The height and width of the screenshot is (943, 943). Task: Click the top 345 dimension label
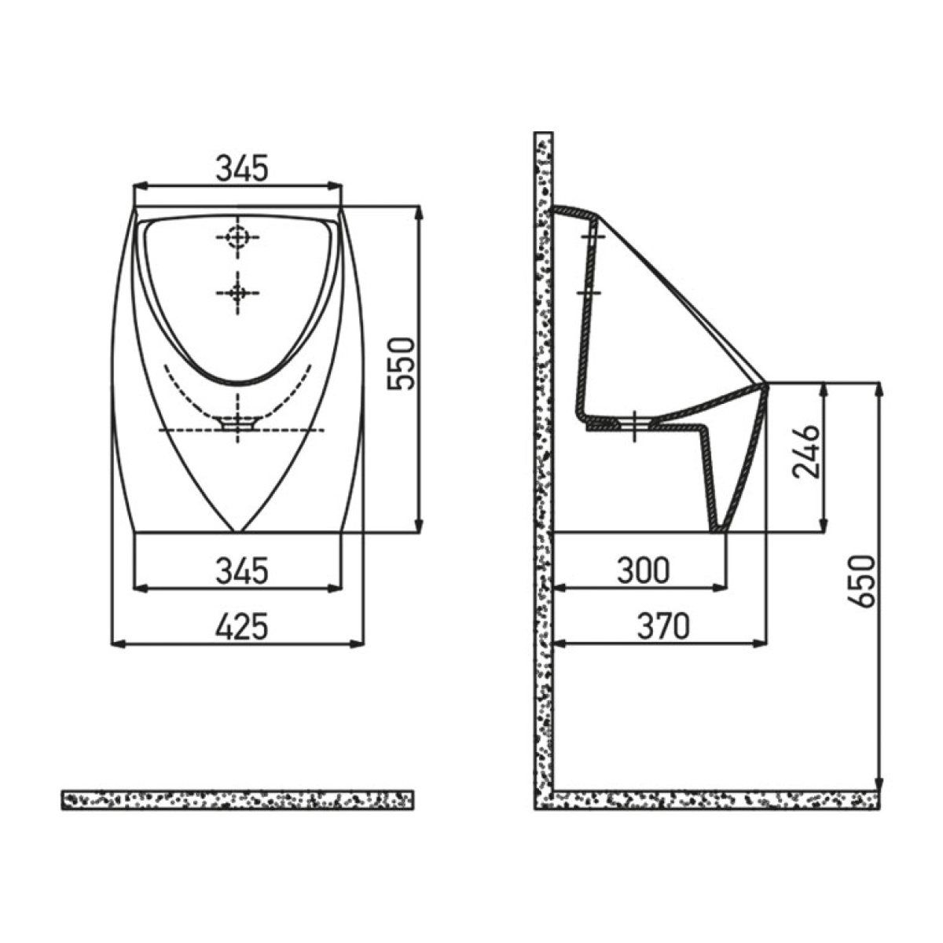pyautogui.click(x=242, y=168)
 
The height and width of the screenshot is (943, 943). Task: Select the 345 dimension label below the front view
pyautogui.click(x=242, y=570)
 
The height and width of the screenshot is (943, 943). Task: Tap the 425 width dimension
pyautogui.click(x=242, y=626)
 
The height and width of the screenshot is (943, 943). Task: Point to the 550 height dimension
pyautogui.click(x=400, y=364)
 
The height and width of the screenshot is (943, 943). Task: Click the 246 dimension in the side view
pyautogui.click(x=805, y=451)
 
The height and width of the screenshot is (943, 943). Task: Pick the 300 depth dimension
pyautogui.click(x=643, y=570)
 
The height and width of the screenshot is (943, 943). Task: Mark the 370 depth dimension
pyautogui.click(x=663, y=626)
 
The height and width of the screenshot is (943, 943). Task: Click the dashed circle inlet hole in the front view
pyautogui.click(x=238, y=238)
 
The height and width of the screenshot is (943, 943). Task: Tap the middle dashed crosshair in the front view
pyautogui.click(x=238, y=292)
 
